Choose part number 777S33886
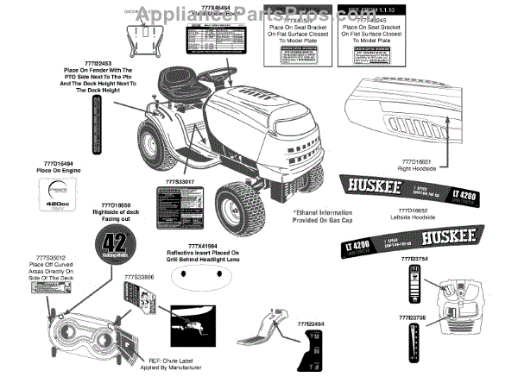pos(139,277)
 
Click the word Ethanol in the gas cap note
pos(309,211)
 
